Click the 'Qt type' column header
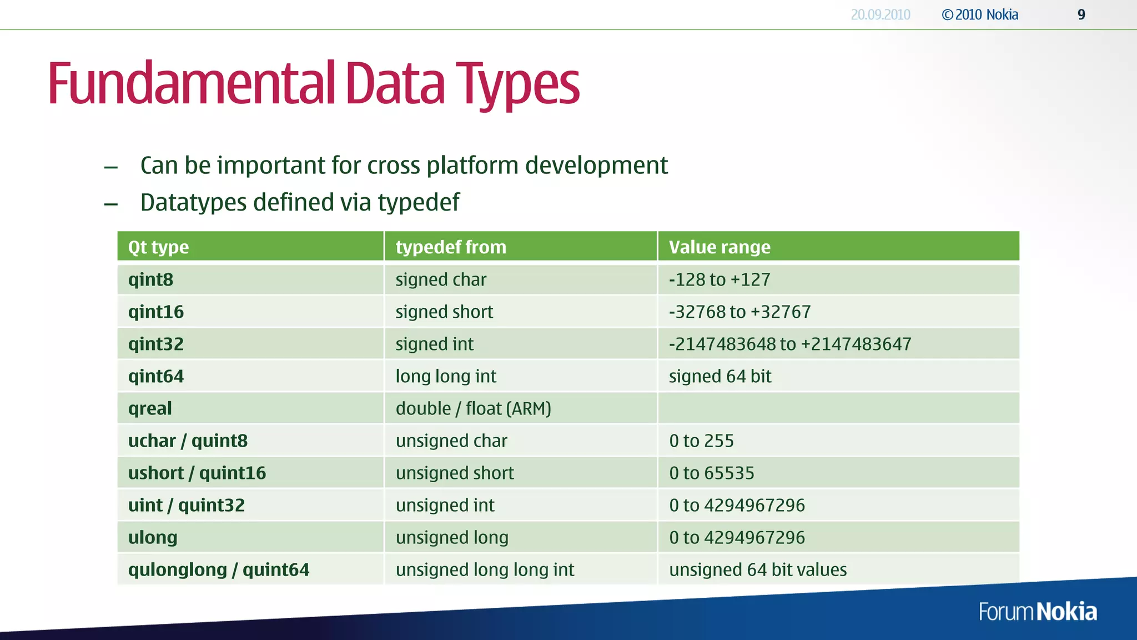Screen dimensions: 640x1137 tap(158, 247)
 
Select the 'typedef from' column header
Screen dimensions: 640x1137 tap(451, 247)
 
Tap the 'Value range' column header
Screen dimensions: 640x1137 tap(720, 247)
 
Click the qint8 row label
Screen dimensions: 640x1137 tap(150, 279)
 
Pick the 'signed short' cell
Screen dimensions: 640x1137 tap(444, 312)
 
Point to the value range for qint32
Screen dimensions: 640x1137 tap(789, 344)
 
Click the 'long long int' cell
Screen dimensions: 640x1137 tap(446, 376)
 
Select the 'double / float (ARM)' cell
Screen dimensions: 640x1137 tap(473, 408)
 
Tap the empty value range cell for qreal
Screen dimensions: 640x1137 tap(838, 408)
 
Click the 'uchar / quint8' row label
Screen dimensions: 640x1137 tap(188, 441)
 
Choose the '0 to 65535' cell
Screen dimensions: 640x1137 tap(711, 473)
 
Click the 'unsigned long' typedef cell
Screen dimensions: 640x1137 tap(452, 537)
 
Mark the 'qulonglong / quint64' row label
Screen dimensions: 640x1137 tap(218, 569)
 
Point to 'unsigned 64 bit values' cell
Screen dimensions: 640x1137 tap(758, 569)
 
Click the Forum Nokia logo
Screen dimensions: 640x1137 tap(1038, 612)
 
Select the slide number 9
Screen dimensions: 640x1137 tap(1081, 15)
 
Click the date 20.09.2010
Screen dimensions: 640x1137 tap(881, 15)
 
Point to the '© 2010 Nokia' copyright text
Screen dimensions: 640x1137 tap(980, 15)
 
